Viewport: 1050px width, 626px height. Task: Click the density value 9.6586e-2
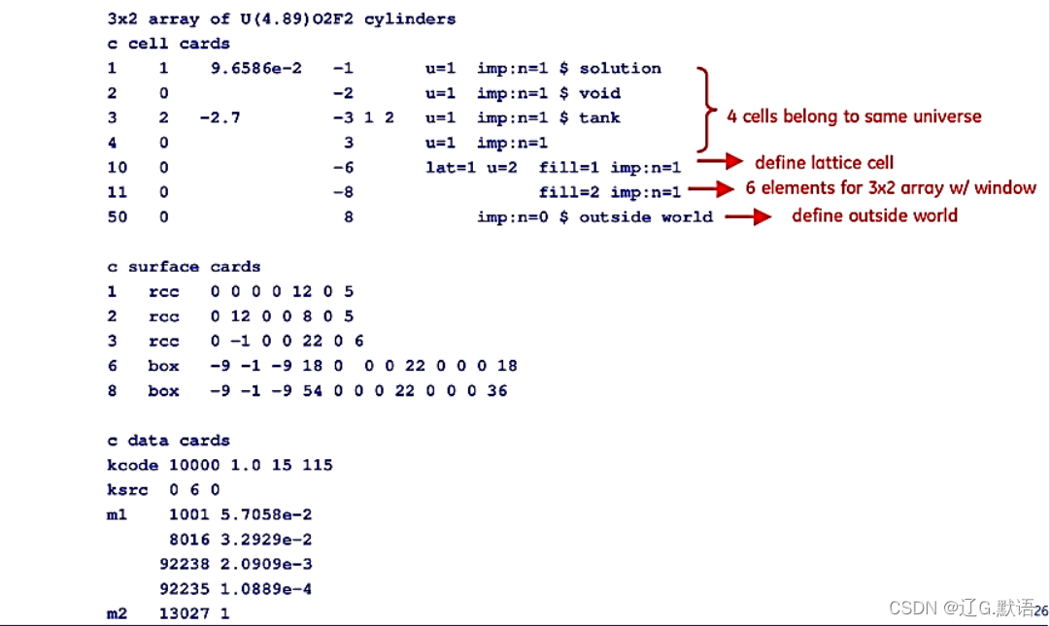[x=255, y=68]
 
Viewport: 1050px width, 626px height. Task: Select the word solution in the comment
[x=621, y=68]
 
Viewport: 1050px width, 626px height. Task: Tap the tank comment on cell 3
[x=599, y=117]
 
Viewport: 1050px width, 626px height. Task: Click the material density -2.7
[x=220, y=117]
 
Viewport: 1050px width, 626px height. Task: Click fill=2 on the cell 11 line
[x=569, y=192]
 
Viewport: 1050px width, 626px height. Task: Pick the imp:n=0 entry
[x=512, y=216]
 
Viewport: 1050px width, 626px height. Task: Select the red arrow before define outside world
[x=749, y=216]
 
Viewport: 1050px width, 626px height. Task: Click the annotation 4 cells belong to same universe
[x=855, y=116]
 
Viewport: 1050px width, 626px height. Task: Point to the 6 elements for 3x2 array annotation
[x=890, y=188]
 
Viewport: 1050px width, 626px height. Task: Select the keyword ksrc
[x=127, y=490]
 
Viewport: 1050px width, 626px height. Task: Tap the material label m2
[x=117, y=613]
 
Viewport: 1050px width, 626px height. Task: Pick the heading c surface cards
[x=184, y=266]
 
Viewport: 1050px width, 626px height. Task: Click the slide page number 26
[x=1040, y=610]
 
